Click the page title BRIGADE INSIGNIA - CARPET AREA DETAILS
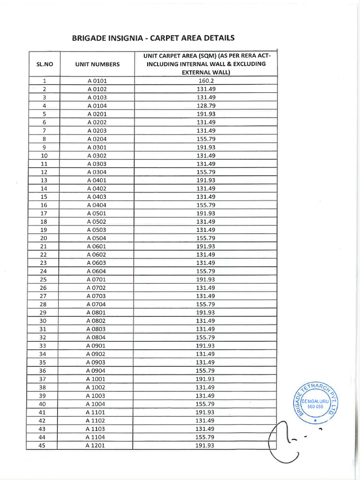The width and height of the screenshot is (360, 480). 153,38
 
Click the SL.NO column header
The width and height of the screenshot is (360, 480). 44,64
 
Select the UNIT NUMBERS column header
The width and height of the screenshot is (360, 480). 97,64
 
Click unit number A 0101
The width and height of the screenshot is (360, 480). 97,81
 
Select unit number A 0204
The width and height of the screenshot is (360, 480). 97,139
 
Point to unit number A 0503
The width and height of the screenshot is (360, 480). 97,230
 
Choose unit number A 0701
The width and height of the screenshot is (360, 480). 96,279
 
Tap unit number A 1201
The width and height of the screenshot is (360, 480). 95,445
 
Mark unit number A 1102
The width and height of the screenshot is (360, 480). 95,420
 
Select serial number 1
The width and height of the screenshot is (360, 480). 44,81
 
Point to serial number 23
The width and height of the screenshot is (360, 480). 44,263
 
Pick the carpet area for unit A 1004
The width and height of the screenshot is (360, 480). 205,404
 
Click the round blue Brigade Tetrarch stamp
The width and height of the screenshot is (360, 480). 318,403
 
